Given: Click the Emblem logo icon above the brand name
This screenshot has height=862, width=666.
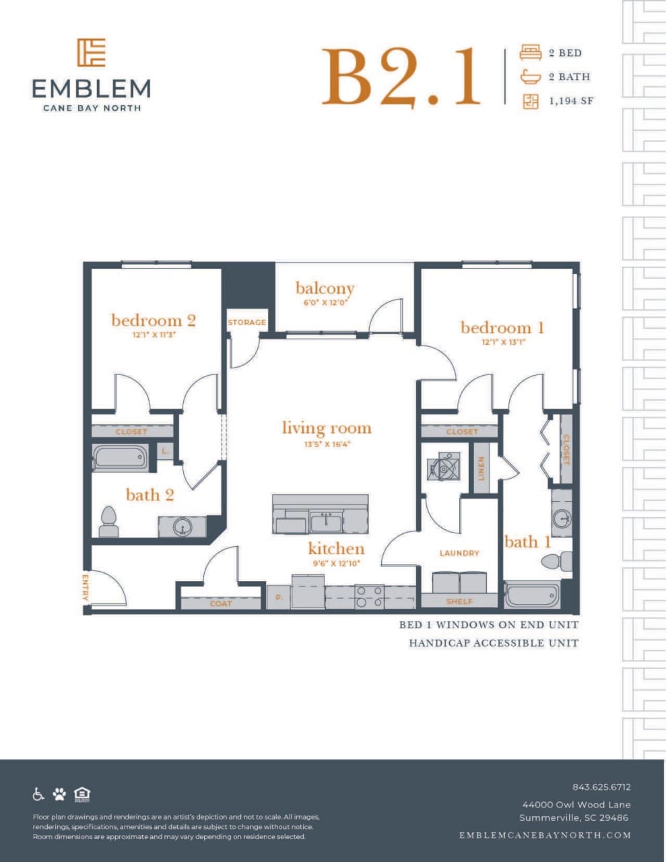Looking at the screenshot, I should click(x=91, y=53).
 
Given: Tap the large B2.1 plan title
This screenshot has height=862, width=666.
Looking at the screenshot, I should click(x=401, y=77).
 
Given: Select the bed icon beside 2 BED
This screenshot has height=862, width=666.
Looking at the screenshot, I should click(x=531, y=53).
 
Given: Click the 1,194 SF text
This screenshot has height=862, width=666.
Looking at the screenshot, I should click(x=571, y=101).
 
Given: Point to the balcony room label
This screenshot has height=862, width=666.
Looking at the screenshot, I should click(x=325, y=288).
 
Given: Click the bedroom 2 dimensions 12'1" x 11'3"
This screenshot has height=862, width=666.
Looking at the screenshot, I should click(x=154, y=334).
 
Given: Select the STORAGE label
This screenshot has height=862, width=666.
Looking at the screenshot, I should click(x=246, y=323).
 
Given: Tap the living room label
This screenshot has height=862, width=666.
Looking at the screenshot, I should click(x=327, y=428).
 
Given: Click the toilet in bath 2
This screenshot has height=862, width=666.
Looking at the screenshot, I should click(x=108, y=521).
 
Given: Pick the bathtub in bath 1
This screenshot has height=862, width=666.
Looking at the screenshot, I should click(x=532, y=595).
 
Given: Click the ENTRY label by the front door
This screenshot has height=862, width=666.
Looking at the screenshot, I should click(x=86, y=587).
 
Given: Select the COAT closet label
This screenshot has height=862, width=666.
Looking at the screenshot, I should click(x=221, y=603).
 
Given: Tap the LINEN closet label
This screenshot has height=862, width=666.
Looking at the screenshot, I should click(x=481, y=468).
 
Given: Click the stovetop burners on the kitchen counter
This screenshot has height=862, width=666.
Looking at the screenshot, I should click(x=369, y=597).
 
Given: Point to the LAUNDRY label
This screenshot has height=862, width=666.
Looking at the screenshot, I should click(x=459, y=553).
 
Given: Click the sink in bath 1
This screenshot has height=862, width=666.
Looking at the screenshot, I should click(x=562, y=519).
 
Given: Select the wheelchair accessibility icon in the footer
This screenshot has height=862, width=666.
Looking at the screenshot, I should click(x=39, y=794).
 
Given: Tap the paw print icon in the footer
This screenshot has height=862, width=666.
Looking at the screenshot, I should click(x=60, y=794).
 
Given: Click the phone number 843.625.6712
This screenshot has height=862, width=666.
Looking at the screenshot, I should click(x=601, y=787).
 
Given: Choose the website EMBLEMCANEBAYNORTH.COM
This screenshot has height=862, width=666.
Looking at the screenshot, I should click(x=545, y=835).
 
